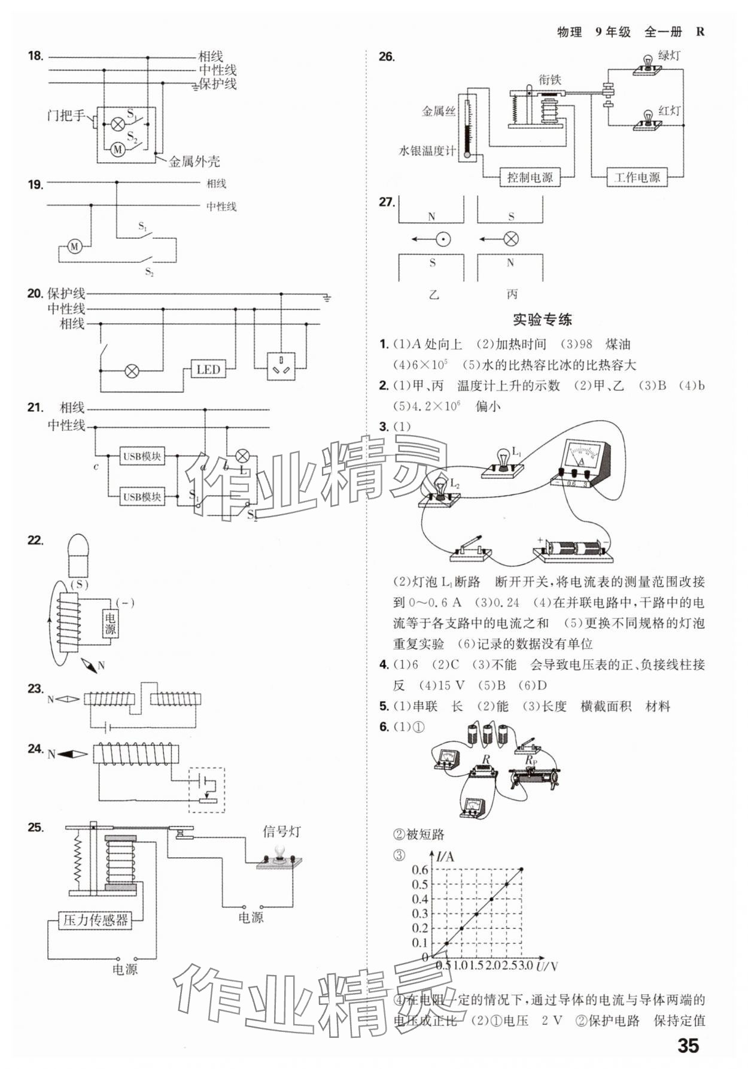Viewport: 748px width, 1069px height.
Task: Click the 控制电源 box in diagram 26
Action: [530, 177]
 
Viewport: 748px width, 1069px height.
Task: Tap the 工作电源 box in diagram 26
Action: [637, 177]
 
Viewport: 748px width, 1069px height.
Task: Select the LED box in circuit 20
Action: [208, 369]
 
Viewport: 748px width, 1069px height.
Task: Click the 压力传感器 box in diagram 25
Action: [96, 919]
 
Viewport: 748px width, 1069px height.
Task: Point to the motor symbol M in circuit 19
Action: [74, 246]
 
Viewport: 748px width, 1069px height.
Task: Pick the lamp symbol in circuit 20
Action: [132, 371]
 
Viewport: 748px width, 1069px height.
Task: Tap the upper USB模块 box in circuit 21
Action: [142, 456]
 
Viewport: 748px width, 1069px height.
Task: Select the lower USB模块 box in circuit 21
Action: [142, 496]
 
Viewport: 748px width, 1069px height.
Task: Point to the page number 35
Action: [688, 1046]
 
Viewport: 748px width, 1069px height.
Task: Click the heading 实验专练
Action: [542, 320]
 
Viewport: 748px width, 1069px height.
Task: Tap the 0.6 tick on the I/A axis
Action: [420, 869]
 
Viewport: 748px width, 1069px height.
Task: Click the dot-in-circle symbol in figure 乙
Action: [443, 239]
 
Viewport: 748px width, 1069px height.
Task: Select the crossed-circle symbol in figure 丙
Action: [510, 239]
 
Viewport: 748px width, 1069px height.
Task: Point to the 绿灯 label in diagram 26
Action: [668, 56]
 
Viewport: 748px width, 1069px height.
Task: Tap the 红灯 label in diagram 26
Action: [669, 110]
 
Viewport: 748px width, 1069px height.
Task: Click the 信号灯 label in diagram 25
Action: [281, 831]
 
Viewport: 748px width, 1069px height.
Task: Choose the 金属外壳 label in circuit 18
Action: [194, 161]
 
